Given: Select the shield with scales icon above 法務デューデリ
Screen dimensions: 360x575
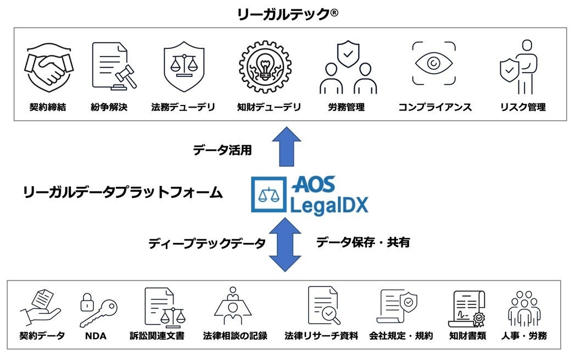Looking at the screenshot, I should point(184,66).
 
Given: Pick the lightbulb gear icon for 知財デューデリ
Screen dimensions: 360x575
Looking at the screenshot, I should point(265,66).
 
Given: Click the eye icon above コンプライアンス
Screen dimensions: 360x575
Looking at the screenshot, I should point(434,64).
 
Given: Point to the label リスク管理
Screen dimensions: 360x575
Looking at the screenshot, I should point(522,107).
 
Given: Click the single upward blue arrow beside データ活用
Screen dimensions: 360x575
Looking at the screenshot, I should point(287,147).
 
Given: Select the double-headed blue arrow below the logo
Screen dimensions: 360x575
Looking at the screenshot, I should point(286,244).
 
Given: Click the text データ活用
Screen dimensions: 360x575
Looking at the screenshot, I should point(222,149).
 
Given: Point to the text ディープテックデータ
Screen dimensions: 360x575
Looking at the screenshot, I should point(207,243).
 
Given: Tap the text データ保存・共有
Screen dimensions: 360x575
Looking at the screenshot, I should point(362,242).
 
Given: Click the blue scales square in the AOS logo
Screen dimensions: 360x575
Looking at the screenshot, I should point(268,195).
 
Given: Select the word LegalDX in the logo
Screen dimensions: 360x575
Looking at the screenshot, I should point(330,204).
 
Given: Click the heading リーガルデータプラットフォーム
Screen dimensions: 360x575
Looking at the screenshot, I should point(123,192).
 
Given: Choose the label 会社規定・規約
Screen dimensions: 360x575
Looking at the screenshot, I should point(401,335).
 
